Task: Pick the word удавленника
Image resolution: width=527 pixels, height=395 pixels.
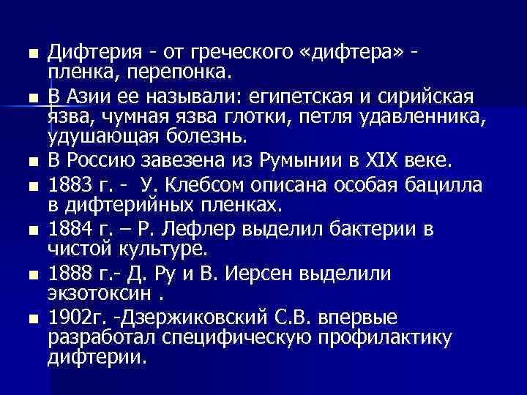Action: click(436, 117)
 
